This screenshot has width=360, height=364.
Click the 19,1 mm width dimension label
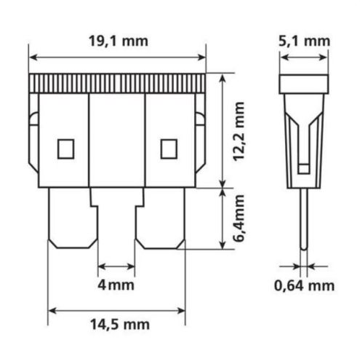pyautogui.click(x=119, y=41)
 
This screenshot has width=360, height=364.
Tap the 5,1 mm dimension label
pyautogui.click(x=304, y=41)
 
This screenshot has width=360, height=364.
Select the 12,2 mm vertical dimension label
pyautogui.click(x=239, y=131)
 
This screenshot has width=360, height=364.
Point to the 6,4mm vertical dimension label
pyautogui.click(x=239, y=218)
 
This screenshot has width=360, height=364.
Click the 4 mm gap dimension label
pyautogui.click(x=116, y=285)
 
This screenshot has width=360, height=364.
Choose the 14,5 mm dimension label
pyautogui.click(x=120, y=325)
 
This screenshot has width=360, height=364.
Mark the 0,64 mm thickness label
pyautogui.click(x=304, y=285)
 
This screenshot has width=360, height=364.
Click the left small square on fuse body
pyautogui.click(x=65, y=149)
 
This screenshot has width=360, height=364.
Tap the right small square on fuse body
pyautogui.click(x=169, y=149)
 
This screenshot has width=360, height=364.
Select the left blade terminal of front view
pyautogui.click(x=73, y=218)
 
